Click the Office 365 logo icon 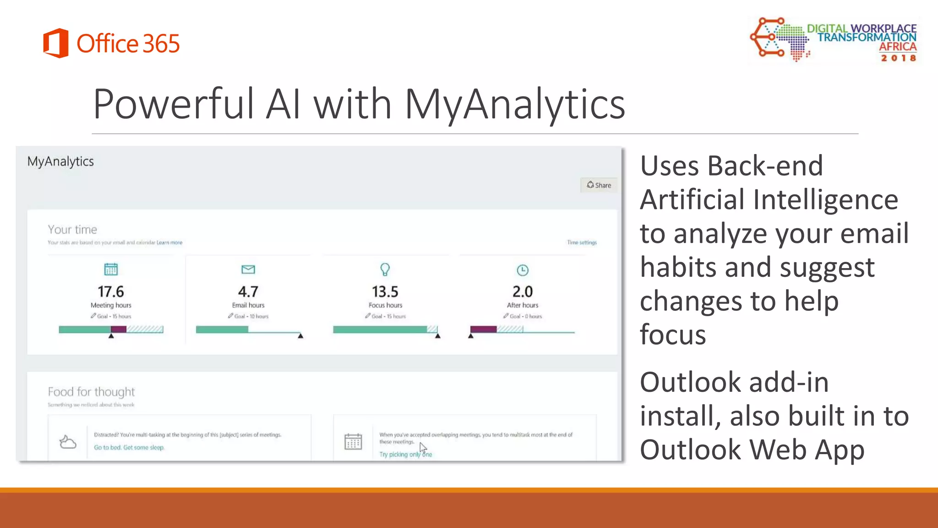pyautogui.click(x=56, y=43)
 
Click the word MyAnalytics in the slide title pyautogui.click(x=514, y=104)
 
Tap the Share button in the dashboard pyautogui.click(x=599, y=185)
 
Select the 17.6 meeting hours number pyautogui.click(x=110, y=291)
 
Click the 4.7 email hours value pyautogui.click(x=248, y=291)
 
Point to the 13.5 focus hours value pyautogui.click(x=385, y=291)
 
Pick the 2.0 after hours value pyautogui.click(x=522, y=291)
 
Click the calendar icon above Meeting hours pyautogui.click(x=111, y=269)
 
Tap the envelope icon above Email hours pyautogui.click(x=248, y=269)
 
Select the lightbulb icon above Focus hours pyautogui.click(x=385, y=269)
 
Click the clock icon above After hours pyautogui.click(x=522, y=270)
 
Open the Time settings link pyautogui.click(x=582, y=242)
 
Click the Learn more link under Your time pyautogui.click(x=169, y=242)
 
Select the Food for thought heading pyautogui.click(x=91, y=392)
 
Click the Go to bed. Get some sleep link pyautogui.click(x=129, y=447)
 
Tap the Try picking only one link pyautogui.click(x=405, y=454)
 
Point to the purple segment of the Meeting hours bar pyautogui.click(x=118, y=329)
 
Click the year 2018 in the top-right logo pyautogui.click(x=898, y=58)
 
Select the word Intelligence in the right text pyautogui.click(x=825, y=200)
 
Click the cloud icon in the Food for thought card pyautogui.click(x=68, y=442)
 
